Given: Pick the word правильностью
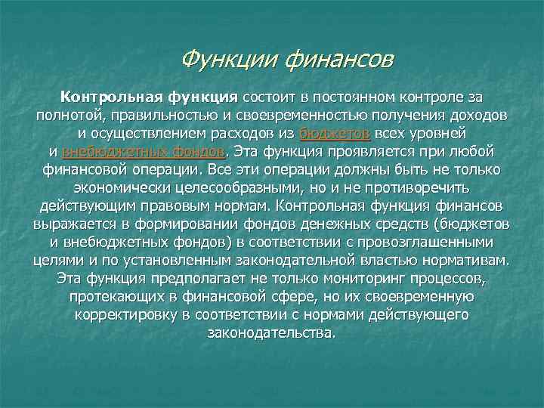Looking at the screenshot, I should [x=164, y=116].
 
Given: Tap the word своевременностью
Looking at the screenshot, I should [x=301, y=116].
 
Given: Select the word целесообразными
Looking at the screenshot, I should [x=215, y=187].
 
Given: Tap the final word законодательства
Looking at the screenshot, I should [x=270, y=332].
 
